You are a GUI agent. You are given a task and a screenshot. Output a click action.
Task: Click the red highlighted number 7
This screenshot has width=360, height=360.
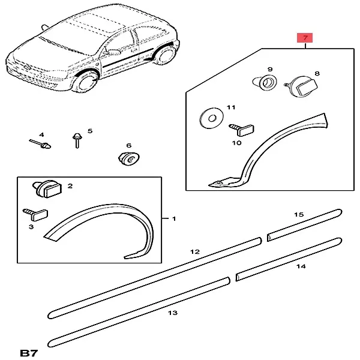305,38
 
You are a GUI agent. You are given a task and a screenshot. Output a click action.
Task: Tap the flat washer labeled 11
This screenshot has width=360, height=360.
211,118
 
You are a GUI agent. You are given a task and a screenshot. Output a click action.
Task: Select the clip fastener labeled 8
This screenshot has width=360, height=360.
301,86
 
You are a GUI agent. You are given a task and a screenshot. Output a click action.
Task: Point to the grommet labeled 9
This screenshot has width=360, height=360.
265,82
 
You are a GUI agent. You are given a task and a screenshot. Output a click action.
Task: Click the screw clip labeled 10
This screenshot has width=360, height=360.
241,130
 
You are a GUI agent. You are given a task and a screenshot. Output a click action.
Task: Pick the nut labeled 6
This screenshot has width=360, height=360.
129,158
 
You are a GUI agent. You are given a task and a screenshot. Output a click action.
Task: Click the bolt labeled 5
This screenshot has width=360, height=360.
77,140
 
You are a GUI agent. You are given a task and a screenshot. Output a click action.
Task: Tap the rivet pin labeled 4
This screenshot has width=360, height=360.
40,144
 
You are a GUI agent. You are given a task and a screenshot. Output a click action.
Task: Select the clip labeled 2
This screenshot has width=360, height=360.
47,189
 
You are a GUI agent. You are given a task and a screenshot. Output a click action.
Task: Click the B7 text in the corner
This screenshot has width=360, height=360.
29,353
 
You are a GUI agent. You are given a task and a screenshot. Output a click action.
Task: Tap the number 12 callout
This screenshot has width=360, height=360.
195,252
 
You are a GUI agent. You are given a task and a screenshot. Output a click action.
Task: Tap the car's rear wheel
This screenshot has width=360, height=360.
164,56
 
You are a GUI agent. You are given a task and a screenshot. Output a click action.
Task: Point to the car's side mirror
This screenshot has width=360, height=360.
113,52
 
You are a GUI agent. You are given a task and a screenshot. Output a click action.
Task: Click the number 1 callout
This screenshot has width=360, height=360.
174,218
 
